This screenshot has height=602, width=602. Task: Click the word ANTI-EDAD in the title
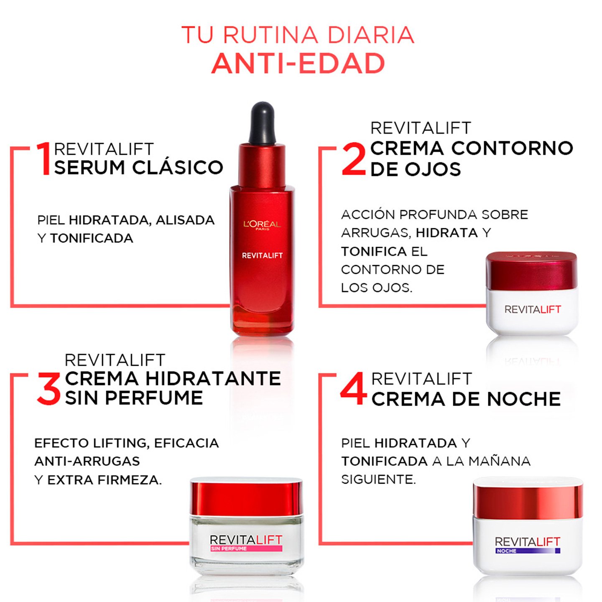click(298, 64)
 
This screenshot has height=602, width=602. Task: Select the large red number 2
click(354, 159)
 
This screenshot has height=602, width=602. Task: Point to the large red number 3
click(49, 389)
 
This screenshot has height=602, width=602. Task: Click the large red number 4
click(354, 389)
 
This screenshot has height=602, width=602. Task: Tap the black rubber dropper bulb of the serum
click(262, 123)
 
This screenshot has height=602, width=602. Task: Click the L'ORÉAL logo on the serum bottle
click(262, 225)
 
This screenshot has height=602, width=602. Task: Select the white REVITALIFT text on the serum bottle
click(262, 255)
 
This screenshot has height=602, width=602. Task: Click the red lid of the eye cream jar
click(531, 271)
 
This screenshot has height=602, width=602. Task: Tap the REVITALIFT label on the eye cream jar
click(532, 310)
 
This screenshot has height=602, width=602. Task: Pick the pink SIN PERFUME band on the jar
click(246, 548)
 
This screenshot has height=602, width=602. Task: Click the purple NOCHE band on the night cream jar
click(528, 551)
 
